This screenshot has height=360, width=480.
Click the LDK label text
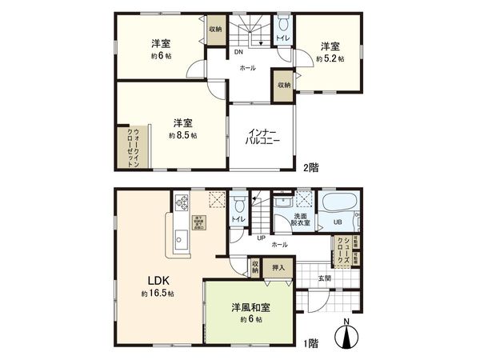(158, 281)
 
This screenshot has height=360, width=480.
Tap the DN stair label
(238, 53)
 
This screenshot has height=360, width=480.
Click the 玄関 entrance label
(324, 278)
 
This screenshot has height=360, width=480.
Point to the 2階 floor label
(310, 168)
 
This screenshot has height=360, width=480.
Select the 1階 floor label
(310, 342)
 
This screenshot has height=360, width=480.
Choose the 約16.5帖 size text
(157, 294)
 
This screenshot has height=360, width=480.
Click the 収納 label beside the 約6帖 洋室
(216, 29)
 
